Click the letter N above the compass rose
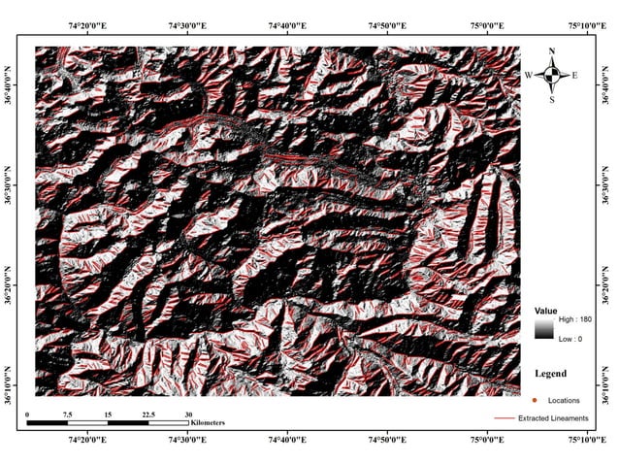(551, 51)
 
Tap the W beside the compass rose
(529, 75)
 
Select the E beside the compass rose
(574, 75)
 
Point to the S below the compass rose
(551, 99)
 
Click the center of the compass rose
(551, 75)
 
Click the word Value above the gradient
(546, 310)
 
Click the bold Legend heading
(551, 373)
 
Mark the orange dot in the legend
(535, 399)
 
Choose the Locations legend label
(564, 399)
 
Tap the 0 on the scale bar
(28, 414)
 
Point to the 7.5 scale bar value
(68, 414)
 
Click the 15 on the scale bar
(108, 414)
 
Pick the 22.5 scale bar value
(147, 414)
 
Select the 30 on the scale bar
(188, 414)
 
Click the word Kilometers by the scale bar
(209, 424)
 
